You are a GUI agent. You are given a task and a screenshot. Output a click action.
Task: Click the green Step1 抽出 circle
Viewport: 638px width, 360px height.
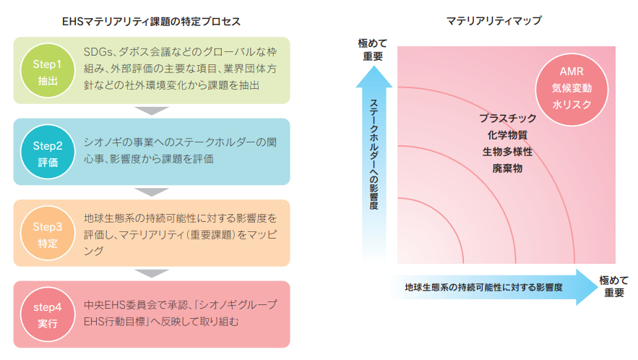(x=48, y=70)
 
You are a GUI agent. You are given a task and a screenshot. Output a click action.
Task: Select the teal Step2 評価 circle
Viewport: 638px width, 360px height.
(x=48, y=152)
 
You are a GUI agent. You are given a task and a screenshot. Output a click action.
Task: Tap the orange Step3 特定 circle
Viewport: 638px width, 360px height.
(x=48, y=233)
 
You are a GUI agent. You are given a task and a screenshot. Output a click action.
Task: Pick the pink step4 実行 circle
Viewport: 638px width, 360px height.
(x=48, y=314)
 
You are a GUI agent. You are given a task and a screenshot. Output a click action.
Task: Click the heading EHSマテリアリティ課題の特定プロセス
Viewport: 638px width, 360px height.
(x=151, y=22)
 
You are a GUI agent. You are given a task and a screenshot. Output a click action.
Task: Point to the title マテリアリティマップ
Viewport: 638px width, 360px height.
(x=494, y=20)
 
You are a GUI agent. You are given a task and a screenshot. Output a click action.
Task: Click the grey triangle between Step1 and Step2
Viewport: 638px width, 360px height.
(x=151, y=111)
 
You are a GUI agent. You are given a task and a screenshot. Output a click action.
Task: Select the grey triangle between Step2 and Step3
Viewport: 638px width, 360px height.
(x=151, y=192)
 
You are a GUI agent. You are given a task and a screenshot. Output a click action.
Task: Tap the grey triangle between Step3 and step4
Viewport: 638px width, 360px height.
(x=151, y=273)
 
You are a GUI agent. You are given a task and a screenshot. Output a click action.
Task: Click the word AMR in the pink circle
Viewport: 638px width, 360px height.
(x=572, y=72)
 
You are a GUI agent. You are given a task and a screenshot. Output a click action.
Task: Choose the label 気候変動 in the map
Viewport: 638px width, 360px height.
(x=572, y=88)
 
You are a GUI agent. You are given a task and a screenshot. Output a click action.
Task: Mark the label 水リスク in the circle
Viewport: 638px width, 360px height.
(x=572, y=105)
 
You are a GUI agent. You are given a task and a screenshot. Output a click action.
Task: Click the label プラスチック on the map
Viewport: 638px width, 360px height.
(x=507, y=119)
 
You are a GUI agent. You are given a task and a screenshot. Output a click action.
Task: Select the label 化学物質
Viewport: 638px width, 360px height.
(x=507, y=135)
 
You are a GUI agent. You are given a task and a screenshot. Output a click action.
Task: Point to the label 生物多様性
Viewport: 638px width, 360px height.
(x=507, y=152)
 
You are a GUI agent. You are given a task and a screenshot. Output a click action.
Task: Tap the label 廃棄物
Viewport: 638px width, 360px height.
(x=507, y=168)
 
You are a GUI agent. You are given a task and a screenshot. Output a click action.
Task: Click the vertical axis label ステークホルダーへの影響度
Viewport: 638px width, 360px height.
(x=374, y=155)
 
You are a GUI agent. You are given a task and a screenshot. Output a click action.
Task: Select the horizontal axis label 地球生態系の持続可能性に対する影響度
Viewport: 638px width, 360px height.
(x=483, y=288)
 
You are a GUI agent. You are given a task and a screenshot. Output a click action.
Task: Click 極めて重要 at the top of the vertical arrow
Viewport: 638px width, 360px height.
(x=373, y=50)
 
